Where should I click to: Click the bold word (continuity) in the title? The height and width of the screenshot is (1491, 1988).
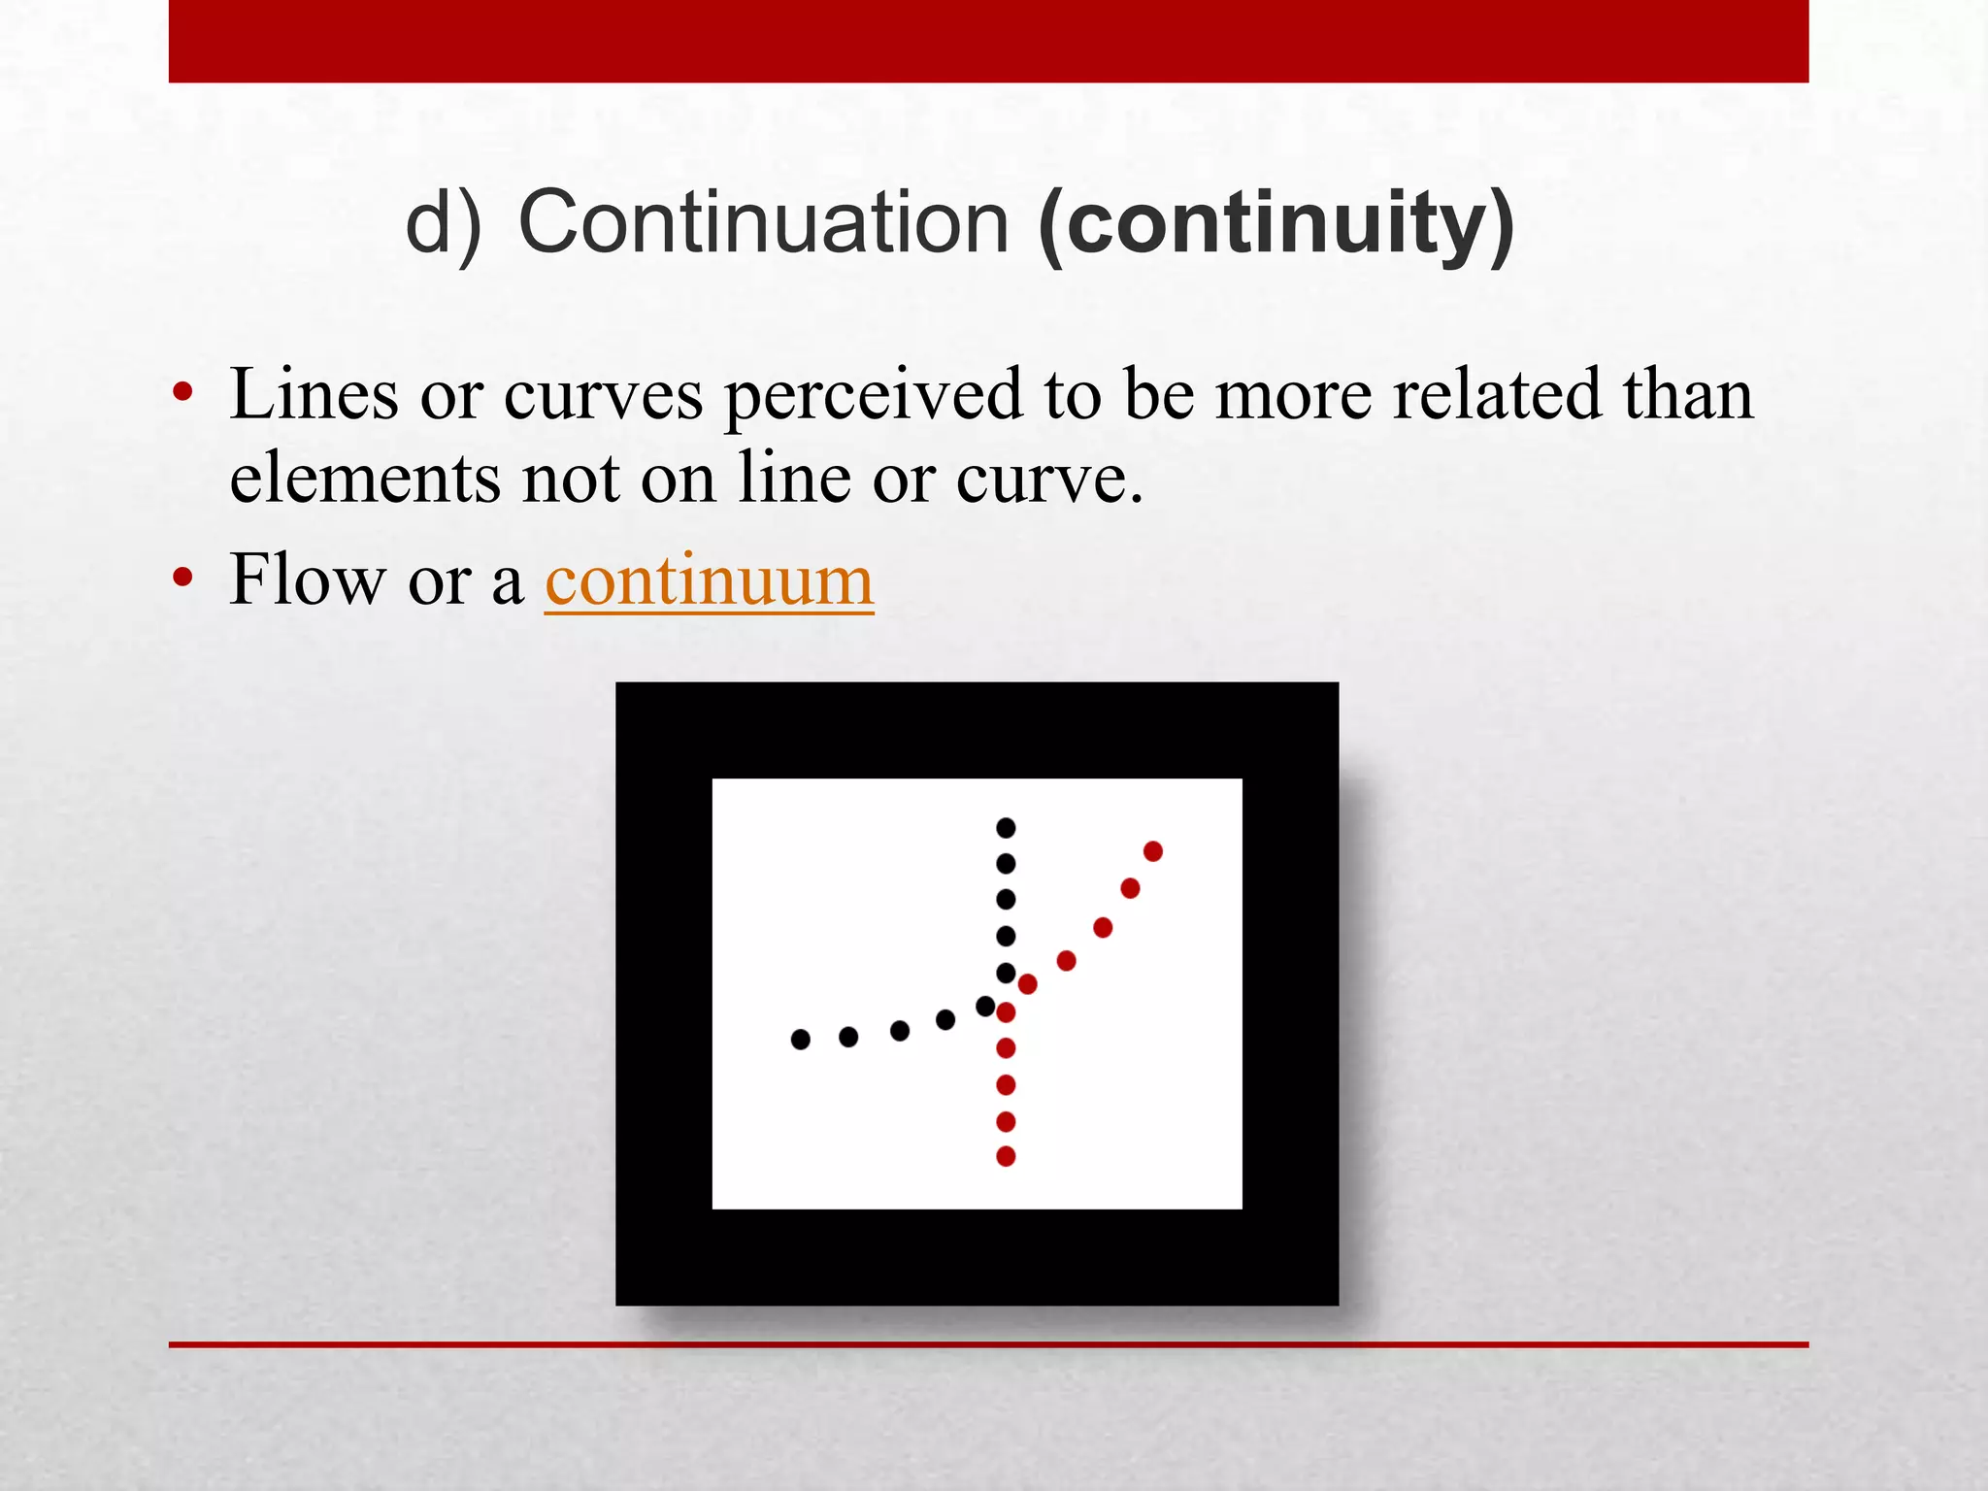[1276, 223]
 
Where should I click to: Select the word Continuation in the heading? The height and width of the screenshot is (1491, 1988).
[764, 223]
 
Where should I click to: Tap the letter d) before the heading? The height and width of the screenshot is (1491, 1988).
[443, 223]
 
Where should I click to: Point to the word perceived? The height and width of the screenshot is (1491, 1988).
[874, 396]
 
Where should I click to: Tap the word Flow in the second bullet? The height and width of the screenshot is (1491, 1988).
[307, 580]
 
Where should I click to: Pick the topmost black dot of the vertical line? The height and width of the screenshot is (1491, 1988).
[1006, 828]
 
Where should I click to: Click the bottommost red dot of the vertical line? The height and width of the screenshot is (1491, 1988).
[1006, 1156]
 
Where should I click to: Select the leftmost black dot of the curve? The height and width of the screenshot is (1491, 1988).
[800, 1040]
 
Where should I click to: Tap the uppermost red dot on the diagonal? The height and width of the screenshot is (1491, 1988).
[1153, 851]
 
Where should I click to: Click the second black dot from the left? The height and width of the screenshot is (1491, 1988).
[848, 1037]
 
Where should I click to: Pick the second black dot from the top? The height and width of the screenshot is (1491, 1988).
[1006, 863]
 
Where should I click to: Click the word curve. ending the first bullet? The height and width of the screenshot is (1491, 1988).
[1049, 480]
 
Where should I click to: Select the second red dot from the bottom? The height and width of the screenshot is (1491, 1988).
[1006, 1122]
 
